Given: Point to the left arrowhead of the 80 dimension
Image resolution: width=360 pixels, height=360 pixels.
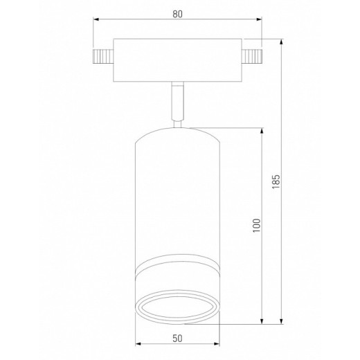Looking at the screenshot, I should point(96,21).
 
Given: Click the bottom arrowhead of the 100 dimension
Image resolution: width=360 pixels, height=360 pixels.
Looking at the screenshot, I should point(262,320).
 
